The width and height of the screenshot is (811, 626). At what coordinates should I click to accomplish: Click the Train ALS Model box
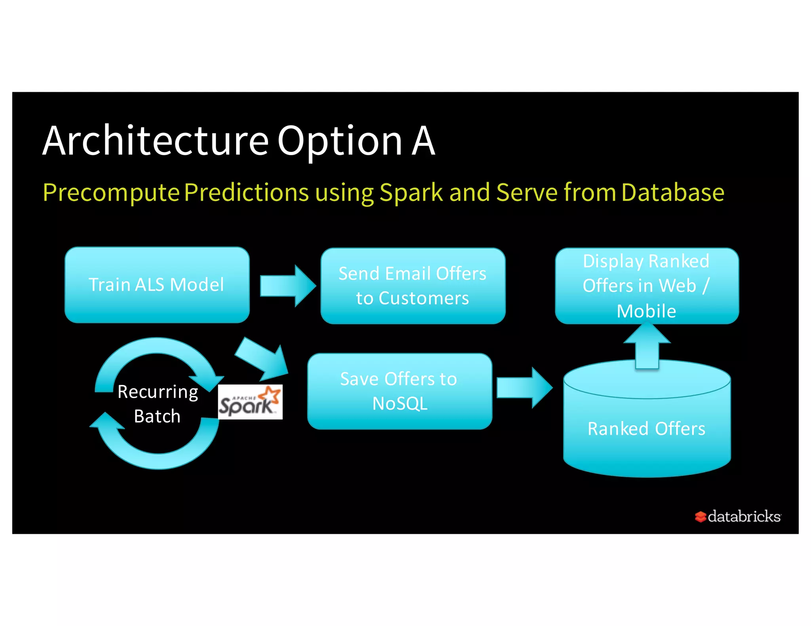(157, 285)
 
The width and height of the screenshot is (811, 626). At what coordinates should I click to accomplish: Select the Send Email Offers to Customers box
(413, 286)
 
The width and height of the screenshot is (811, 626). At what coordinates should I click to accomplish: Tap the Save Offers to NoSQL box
(399, 391)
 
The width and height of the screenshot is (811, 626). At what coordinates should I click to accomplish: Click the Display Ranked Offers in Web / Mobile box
(647, 286)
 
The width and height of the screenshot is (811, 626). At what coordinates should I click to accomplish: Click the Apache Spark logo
(250, 402)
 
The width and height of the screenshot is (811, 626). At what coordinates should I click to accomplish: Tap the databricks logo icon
(700, 516)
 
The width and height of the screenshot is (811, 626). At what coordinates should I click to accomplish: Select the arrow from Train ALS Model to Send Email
(287, 286)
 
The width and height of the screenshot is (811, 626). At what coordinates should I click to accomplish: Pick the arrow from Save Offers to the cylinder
(524, 387)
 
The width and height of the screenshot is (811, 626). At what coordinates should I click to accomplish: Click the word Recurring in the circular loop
(158, 392)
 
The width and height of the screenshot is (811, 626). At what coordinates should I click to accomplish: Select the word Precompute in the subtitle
(111, 193)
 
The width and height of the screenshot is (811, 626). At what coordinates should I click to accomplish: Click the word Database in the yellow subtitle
(672, 192)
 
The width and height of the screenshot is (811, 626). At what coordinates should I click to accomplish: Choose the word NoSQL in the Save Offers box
(400, 404)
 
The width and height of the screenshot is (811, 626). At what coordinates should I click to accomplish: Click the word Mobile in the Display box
(646, 311)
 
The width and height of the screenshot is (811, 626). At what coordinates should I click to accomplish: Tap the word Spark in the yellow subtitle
(411, 193)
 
